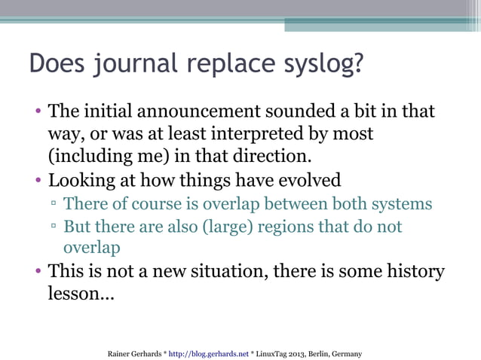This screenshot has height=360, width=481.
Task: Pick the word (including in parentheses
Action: point(82,158)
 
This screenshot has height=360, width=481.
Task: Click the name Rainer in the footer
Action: point(121,352)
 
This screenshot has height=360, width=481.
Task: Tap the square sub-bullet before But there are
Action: point(54,227)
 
